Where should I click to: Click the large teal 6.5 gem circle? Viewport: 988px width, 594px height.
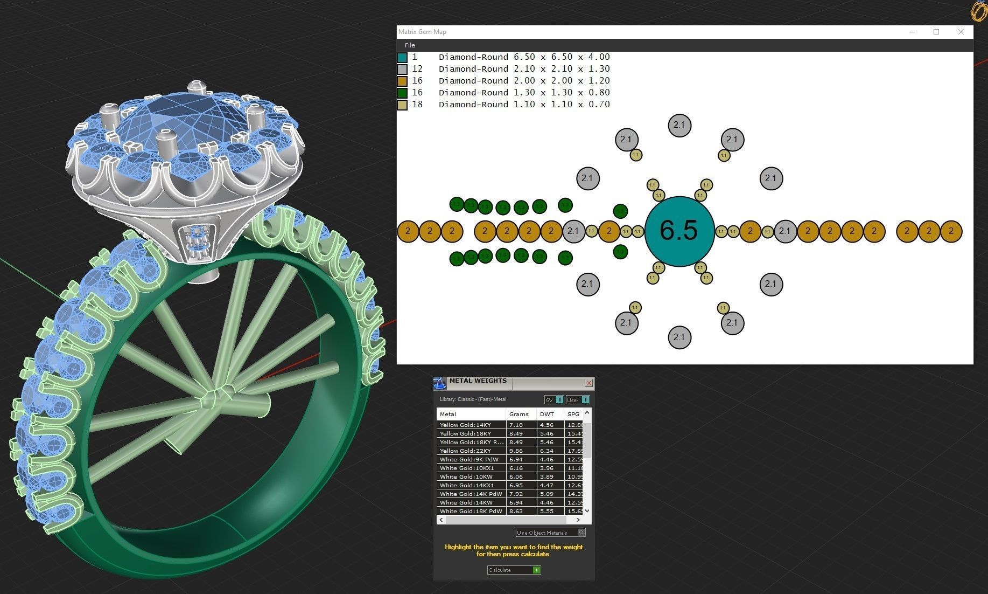coord(679,231)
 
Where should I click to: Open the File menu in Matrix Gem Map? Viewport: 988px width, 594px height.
coord(410,45)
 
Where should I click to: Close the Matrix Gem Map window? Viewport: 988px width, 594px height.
coord(961,32)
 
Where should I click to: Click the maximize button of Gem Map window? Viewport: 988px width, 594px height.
coord(936,32)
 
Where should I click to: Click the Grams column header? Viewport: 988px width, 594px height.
coord(519,414)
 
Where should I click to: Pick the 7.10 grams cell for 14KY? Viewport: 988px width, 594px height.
coord(516,425)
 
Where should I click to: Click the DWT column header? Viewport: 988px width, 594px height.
coord(547,414)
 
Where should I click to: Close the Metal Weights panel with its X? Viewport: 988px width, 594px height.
coord(588,383)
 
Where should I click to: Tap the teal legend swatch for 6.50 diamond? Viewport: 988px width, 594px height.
coord(402,57)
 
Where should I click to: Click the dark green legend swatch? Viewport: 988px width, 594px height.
coord(402,93)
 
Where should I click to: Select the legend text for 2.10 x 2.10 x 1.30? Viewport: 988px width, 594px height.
coord(524,69)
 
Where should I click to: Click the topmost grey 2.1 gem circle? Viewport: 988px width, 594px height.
coord(679,125)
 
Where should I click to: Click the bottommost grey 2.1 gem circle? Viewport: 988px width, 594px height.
coord(679,337)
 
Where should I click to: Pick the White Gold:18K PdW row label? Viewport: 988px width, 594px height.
coord(471,511)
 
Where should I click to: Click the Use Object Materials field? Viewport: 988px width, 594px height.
coord(546,533)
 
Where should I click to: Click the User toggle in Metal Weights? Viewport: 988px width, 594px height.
coord(578,399)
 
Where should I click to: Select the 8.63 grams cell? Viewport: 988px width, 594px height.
coord(516,511)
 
